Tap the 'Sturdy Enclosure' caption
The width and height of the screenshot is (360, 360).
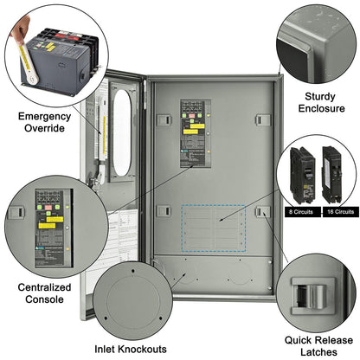pyautogui.click(x=319, y=102)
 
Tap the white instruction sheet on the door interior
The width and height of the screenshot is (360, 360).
pyautogui.click(x=112, y=234)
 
